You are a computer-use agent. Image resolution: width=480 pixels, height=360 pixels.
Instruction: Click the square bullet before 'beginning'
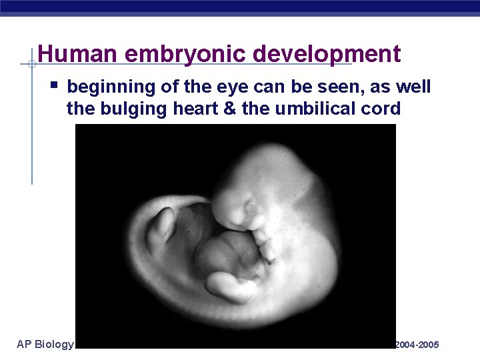coord(55,85)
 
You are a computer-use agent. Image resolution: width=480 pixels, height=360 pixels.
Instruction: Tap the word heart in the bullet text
coord(186,109)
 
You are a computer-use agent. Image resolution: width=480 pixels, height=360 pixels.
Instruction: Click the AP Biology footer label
coord(45,344)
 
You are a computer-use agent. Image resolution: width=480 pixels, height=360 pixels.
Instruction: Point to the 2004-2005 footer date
coord(417,345)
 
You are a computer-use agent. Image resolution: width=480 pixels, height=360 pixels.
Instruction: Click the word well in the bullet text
coord(414,87)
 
